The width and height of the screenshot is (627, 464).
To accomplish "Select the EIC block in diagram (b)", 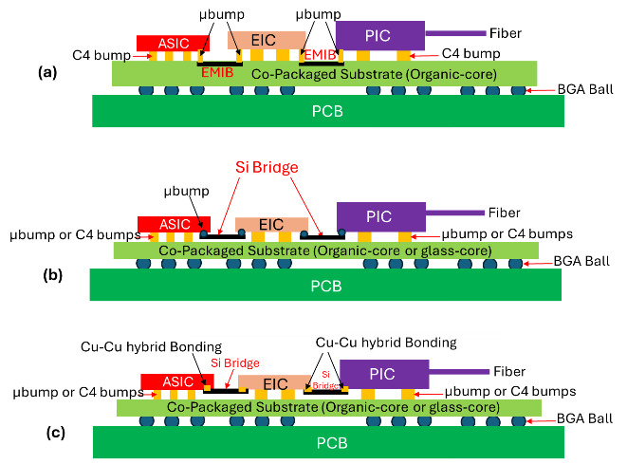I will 271,224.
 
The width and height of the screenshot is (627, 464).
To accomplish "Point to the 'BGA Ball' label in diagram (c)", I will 588,417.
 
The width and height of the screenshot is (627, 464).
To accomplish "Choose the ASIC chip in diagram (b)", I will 175,223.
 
